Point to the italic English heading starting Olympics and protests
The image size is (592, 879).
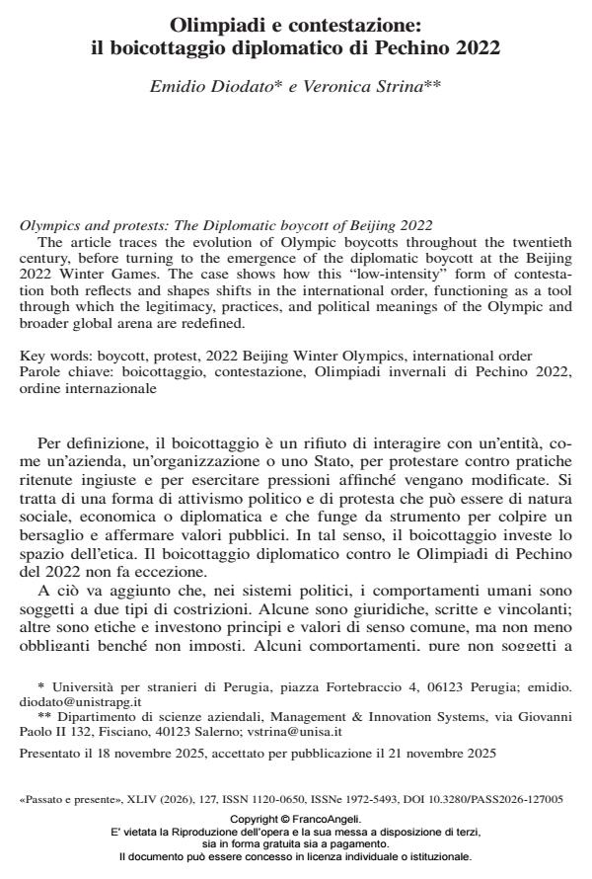(226, 226)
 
